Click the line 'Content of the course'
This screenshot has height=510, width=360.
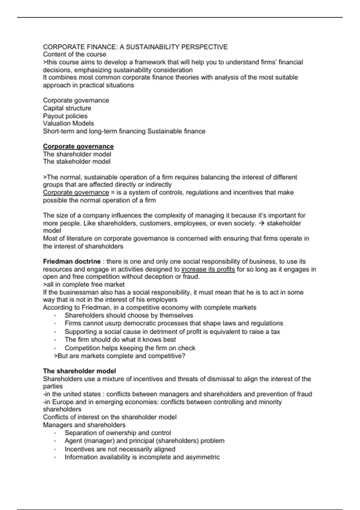(x=74, y=54)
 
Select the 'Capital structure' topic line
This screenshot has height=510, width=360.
(x=67, y=108)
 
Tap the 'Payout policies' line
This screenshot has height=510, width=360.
(x=65, y=116)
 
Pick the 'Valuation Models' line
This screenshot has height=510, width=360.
(x=68, y=123)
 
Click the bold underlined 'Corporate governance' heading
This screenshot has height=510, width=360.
(x=78, y=146)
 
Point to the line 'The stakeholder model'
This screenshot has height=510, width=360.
(x=76, y=161)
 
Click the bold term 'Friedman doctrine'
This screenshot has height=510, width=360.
(x=72, y=261)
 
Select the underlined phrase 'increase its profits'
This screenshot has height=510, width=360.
(x=208, y=269)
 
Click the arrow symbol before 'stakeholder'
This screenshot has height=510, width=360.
(x=261, y=223)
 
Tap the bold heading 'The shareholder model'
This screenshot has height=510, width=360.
(x=79, y=371)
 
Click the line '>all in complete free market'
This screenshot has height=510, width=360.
(x=84, y=284)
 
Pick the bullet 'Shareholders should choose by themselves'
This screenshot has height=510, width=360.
(x=129, y=315)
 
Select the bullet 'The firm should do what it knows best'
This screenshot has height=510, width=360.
(x=120, y=340)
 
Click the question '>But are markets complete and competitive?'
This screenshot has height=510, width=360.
(x=119, y=356)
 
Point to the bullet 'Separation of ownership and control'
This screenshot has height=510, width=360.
(x=118, y=433)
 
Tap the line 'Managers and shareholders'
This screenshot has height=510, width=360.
(x=84, y=425)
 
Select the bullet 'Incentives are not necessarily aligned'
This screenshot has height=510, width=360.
(x=120, y=449)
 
